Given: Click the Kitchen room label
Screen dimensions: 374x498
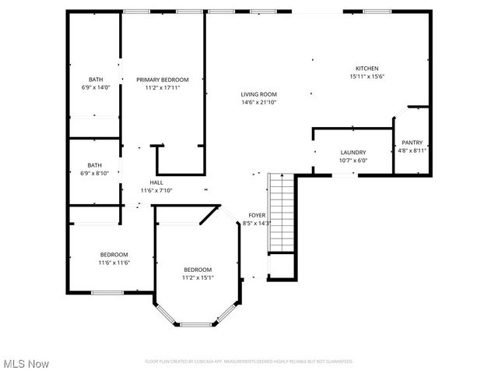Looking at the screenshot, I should pyautogui.click(x=366, y=69).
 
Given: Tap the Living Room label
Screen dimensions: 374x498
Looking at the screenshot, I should pyautogui.click(x=258, y=94).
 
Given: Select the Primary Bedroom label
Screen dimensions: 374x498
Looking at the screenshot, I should pyautogui.click(x=162, y=79).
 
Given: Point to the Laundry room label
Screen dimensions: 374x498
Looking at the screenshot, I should pyautogui.click(x=352, y=153).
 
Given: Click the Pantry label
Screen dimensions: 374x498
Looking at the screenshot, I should pyautogui.click(x=412, y=143).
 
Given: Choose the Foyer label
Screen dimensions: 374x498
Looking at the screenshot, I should pyautogui.click(x=257, y=215).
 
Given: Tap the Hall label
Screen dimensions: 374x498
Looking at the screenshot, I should pyautogui.click(x=156, y=182).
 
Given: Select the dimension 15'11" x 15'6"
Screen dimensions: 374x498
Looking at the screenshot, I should pyautogui.click(x=366, y=76).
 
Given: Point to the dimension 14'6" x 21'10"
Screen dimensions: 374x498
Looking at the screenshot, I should pyautogui.click(x=258, y=102).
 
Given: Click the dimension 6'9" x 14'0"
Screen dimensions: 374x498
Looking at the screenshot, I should pyautogui.click(x=95, y=87).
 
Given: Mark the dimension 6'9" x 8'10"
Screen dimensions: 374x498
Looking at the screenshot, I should pyautogui.click(x=94, y=173).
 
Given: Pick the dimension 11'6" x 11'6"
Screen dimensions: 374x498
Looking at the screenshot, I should pyautogui.click(x=114, y=263).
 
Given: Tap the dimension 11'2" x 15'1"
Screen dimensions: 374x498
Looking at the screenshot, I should pyautogui.click(x=198, y=277).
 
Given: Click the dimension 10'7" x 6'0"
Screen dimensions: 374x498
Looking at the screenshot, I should pyautogui.click(x=352, y=161).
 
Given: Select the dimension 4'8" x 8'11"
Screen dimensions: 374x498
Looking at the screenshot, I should pyautogui.click(x=412, y=150).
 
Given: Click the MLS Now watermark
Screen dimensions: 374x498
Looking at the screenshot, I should pyautogui.click(x=26, y=364).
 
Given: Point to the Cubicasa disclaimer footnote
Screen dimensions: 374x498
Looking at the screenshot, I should pyautogui.click(x=249, y=362).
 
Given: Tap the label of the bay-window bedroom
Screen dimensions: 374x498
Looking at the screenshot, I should pyautogui.click(x=198, y=270).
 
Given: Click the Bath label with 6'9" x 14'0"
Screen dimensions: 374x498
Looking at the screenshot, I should pyautogui.click(x=95, y=79).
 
